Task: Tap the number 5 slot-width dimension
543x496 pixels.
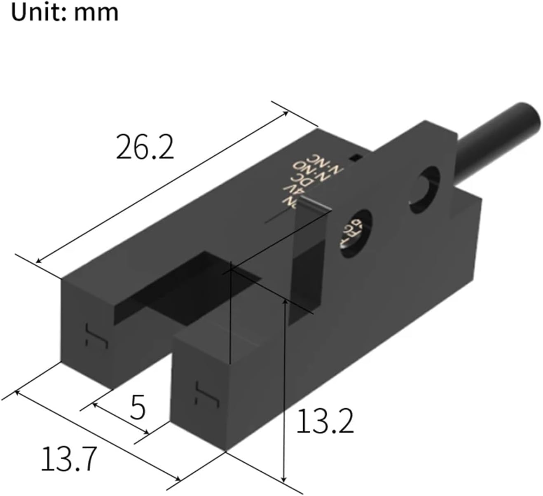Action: click(x=138, y=407)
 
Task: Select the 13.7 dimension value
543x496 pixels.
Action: click(x=69, y=459)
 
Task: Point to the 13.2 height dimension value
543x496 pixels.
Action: click(x=325, y=421)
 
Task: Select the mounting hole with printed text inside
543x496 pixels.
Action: click(x=355, y=234)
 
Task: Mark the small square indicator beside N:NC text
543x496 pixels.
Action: click(x=354, y=157)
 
